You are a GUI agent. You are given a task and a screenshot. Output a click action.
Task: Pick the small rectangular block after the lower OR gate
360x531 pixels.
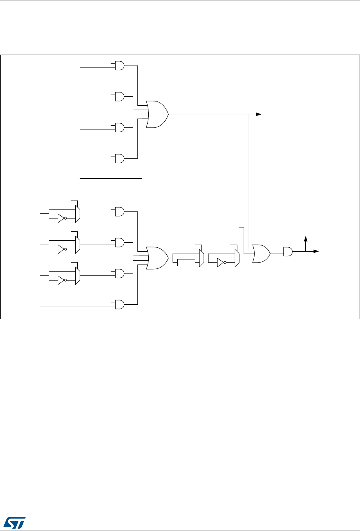click(x=186, y=263)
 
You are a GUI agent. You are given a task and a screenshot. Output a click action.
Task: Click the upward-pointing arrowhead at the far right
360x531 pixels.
click(x=306, y=238)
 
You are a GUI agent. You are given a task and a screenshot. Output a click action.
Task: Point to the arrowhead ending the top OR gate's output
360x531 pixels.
click(x=259, y=114)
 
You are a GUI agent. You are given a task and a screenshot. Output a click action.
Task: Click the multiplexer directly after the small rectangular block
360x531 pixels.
click(x=201, y=258)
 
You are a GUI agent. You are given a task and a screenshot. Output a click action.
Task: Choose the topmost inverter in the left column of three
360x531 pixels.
click(x=61, y=218)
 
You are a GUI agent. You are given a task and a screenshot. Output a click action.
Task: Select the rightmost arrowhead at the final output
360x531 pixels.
click(x=317, y=252)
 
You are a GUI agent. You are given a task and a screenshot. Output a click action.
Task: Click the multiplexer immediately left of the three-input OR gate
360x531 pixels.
click(x=237, y=258)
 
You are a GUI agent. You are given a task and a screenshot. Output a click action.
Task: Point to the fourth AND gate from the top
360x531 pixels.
click(x=119, y=158)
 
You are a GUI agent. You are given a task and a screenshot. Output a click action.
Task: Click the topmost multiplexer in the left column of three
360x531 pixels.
click(x=78, y=214)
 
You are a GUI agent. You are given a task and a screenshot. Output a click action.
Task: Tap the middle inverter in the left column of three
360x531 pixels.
click(x=61, y=250)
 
